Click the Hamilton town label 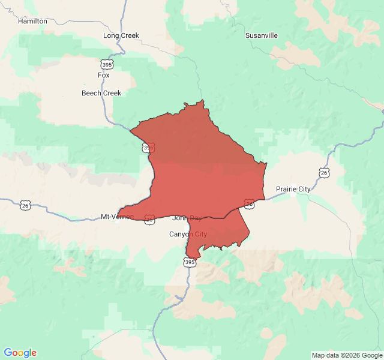(x=32, y=21)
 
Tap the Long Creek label (x=121, y=35)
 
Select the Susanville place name (x=261, y=35)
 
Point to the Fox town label (x=104, y=75)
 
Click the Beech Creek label (x=101, y=93)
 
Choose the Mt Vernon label (x=117, y=217)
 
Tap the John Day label (x=187, y=218)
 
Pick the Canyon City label (x=188, y=234)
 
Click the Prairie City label (x=293, y=189)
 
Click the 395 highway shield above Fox (x=107, y=65)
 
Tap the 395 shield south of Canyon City (x=190, y=262)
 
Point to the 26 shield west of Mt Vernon (x=25, y=205)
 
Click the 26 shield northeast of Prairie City (x=324, y=173)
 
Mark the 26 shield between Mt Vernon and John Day (x=149, y=219)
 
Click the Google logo (x=20, y=353)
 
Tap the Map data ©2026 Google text (x=346, y=355)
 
